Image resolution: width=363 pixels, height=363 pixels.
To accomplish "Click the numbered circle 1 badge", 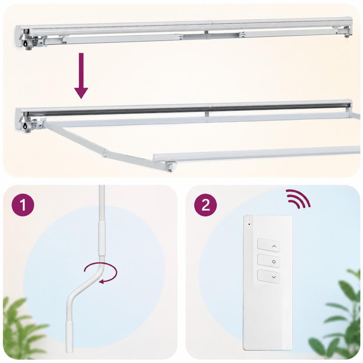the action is pos(23,205).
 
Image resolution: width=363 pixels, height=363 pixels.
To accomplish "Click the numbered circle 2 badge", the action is pos(205,205).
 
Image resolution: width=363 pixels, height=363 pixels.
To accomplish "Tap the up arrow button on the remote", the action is pos(268,245).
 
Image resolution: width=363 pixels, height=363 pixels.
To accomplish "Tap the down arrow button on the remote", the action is pos(268,276).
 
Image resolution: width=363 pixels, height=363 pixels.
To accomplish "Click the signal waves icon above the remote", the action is pos(298,198).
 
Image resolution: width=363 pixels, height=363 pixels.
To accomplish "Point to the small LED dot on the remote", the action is pos(249,224).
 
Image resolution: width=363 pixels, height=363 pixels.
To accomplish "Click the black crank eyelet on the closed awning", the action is pos(25,44).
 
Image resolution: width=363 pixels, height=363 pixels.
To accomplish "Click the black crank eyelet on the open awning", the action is pos(25,126).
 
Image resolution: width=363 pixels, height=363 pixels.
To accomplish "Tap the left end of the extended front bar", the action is pos(155,158).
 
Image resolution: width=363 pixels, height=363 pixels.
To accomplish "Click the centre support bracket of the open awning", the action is pos(207,114).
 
